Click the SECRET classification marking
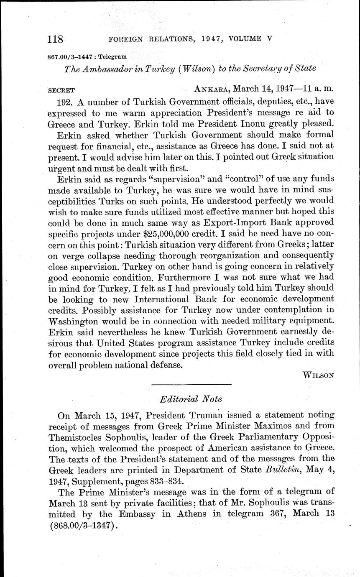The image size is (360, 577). click(x=61, y=90)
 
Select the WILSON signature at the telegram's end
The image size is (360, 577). click(x=318, y=375)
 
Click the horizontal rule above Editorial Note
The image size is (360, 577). click(x=191, y=384)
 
